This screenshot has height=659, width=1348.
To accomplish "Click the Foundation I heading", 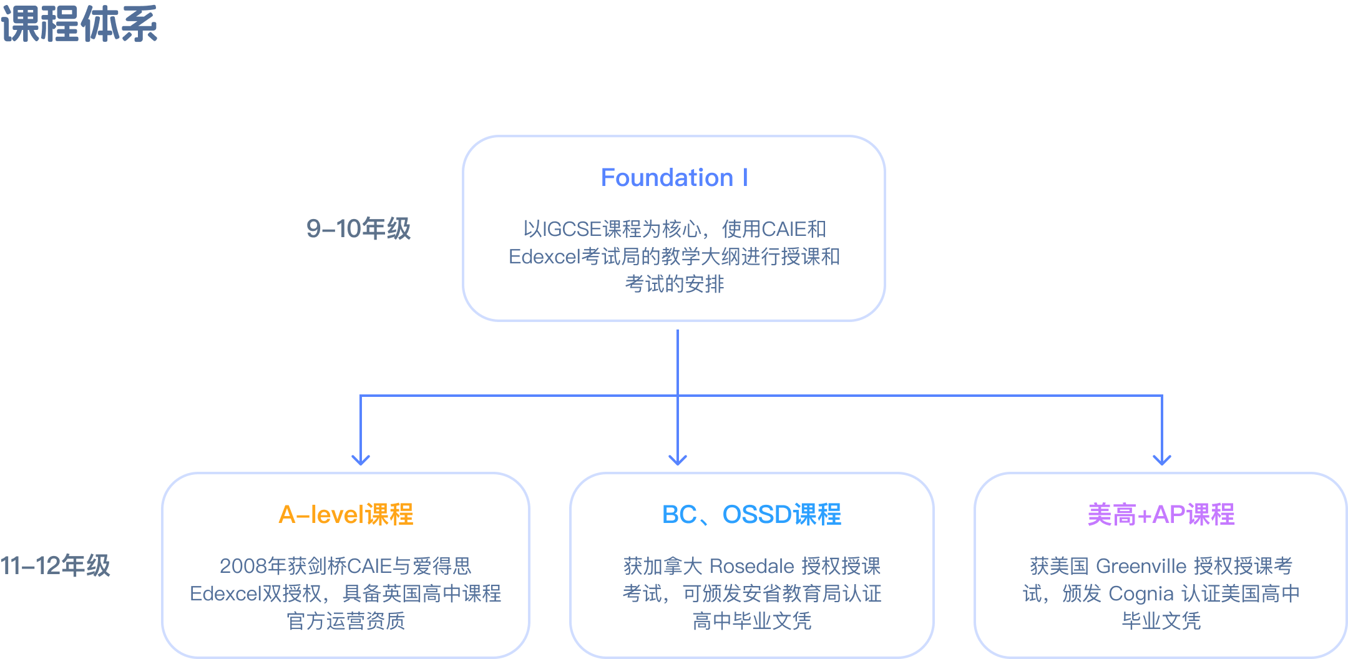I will (674, 178).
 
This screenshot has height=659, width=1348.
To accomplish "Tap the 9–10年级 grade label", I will (358, 228).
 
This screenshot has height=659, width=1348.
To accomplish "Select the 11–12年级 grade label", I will (55, 565).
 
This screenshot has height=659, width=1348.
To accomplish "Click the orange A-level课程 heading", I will (346, 515).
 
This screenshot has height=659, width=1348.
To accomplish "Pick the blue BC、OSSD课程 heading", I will (751, 515).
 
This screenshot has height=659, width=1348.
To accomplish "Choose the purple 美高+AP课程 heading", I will (1161, 515).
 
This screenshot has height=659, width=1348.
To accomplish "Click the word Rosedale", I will (751, 566).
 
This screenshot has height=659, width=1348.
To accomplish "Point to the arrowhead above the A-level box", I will (361, 460).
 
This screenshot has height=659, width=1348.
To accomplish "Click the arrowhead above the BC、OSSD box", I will (678, 460).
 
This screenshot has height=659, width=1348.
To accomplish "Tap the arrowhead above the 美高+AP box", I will (1162, 460).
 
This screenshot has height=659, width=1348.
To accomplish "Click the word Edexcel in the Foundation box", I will (544, 256).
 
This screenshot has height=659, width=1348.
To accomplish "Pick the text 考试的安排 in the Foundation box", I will (674, 284).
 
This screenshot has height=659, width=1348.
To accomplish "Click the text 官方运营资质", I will (346, 621).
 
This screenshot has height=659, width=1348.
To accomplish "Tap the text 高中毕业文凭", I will (751, 621).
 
